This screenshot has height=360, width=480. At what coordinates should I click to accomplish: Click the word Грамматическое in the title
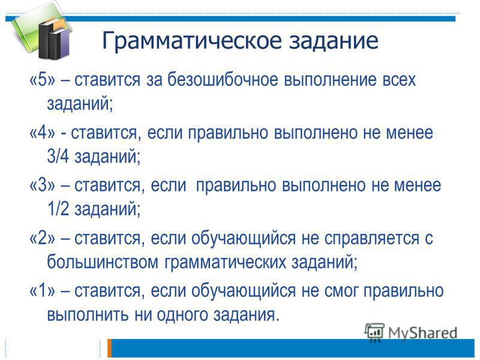pos(191,41)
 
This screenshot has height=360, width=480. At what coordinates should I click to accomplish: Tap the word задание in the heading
pos(334,41)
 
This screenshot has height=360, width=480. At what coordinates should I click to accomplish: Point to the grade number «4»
pos(43,133)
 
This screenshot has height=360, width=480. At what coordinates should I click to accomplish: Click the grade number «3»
pos(43,185)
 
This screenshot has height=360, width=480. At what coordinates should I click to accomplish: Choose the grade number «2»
pos(43,238)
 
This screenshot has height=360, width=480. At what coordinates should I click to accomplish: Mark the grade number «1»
pos(43,290)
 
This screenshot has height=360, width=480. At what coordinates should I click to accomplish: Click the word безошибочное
pos(223,80)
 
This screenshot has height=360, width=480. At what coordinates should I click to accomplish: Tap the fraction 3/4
pos(58,156)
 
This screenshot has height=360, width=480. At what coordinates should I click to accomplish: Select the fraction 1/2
pos(58,209)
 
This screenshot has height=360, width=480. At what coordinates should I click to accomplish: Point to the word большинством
pos(103,262)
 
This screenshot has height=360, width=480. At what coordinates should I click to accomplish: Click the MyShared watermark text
pos(423,333)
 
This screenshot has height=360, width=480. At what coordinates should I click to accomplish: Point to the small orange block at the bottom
pos(109,348)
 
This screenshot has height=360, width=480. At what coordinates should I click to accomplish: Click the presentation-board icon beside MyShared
pos(374,332)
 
